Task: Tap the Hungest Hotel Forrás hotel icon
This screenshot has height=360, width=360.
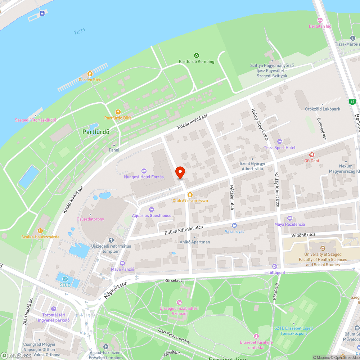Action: (x=144, y=171)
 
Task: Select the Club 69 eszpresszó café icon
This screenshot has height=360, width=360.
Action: (x=185, y=194)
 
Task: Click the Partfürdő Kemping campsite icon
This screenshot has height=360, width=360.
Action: (x=196, y=55)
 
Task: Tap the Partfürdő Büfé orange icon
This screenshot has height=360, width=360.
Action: (x=117, y=112)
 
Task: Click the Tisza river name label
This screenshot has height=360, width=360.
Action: (x=79, y=31)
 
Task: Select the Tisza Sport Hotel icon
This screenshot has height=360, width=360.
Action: (x=279, y=141)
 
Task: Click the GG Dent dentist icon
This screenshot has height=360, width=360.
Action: (x=312, y=154)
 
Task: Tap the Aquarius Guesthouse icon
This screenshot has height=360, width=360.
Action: (x=151, y=209)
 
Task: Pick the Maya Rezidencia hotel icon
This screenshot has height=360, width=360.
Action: (x=290, y=218)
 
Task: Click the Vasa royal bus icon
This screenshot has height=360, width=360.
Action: (x=234, y=225)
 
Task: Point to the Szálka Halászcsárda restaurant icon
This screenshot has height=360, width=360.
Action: (x=40, y=230)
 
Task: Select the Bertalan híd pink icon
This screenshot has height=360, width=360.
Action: (x=320, y=20)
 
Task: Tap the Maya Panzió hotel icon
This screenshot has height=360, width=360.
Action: (x=122, y=263)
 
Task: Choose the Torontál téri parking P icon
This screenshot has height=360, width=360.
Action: (x=54, y=309)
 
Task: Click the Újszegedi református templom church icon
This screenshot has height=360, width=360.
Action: (x=111, y=240)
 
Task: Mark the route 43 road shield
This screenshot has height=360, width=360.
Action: (x=352, y=102)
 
